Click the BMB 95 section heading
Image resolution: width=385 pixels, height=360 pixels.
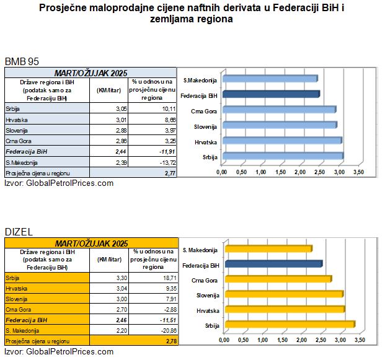click(22, 62)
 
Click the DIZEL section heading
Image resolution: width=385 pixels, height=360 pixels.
click(18, 232)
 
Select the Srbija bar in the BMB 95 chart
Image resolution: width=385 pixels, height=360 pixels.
click(282, 156)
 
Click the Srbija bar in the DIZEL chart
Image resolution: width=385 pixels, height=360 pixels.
click(289, 324)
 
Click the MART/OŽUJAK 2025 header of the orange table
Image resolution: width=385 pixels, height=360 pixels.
click(91, 244)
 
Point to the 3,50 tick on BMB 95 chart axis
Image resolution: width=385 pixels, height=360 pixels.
click(358, 171)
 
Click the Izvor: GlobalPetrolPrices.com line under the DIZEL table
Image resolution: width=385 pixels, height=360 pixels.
click(59, 351)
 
